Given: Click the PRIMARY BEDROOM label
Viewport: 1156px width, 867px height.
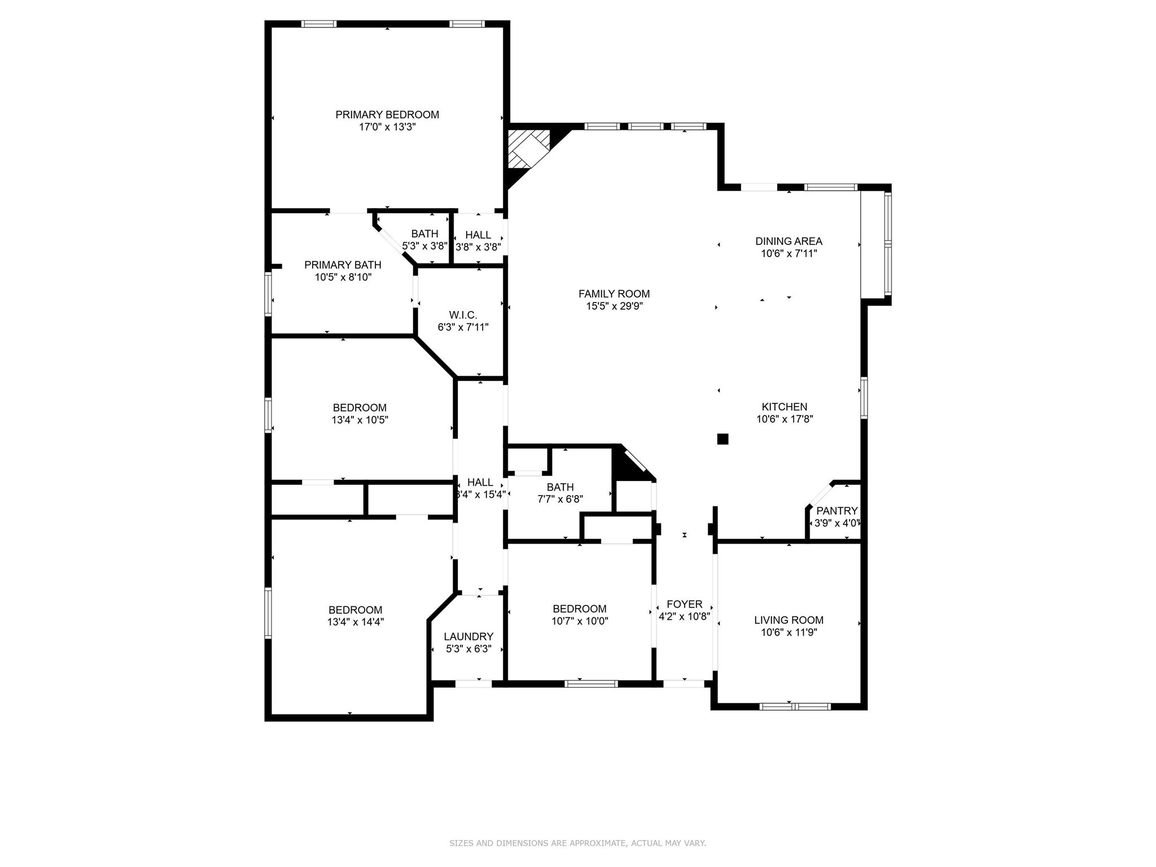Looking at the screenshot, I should click(387, 115).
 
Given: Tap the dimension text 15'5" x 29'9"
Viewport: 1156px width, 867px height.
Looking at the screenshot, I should click(614, 306).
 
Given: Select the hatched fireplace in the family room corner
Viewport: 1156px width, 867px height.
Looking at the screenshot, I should click(528, 148).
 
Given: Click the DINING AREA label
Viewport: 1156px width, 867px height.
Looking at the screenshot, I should click(789, 241).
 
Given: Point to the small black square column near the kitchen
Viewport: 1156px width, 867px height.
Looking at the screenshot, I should click(722, 439).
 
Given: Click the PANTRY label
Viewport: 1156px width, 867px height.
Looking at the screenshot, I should click(837, 511).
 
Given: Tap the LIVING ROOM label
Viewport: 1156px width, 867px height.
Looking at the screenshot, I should click(789, 620).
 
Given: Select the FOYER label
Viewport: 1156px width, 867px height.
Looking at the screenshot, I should click(684, 604).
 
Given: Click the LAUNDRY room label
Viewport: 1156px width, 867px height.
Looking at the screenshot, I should click(468, 637).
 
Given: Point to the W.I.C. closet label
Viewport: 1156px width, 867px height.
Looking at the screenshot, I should click(463, 314).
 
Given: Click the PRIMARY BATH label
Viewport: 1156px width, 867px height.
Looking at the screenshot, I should click(343, 265).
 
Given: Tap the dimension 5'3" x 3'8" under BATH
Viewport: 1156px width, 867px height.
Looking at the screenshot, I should click(424, 246).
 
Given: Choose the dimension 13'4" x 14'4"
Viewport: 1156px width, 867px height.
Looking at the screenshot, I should click(356, 622).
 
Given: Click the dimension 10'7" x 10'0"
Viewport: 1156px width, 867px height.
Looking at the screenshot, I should click(580, 621).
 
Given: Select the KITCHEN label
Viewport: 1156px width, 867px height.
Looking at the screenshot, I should click(784, 406).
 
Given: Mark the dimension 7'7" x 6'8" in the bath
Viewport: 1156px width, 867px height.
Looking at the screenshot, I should click(560, 499).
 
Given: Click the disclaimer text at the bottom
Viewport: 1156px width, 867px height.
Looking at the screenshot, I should click(577, 843).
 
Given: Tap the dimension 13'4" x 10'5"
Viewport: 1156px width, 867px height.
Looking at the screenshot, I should click(360, 420).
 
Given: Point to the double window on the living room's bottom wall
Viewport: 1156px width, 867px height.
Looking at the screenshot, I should click(795, 706).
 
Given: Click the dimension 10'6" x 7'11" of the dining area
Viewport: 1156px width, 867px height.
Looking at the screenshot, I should click(789, 254).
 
